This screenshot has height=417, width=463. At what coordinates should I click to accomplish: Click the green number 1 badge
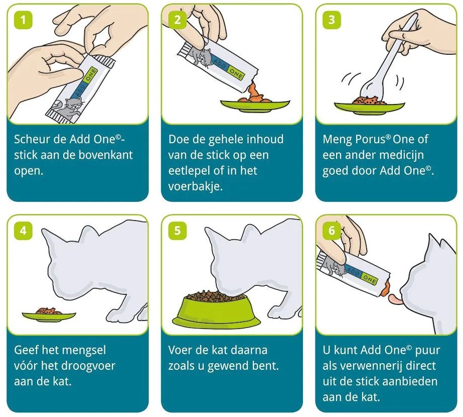[x=23, y=20]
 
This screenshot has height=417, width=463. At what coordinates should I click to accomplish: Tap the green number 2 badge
[x=178, y=20]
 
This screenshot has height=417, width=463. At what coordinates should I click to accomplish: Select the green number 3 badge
[x=332, y=20]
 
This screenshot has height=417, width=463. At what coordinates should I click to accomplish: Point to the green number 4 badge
[x=23, y=231]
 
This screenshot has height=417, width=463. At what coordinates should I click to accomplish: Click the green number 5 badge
[x=178, y=231]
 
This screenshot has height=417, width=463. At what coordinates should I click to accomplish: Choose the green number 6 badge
[x=332, y=231]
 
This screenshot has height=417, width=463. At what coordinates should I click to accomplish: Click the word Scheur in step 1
[x=32, y=139]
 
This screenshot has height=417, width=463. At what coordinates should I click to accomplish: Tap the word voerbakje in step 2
[x=196, y=186]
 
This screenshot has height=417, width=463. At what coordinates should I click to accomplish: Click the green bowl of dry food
[x=217, y=310]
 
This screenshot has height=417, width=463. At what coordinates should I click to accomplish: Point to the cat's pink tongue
[x=396, y=299]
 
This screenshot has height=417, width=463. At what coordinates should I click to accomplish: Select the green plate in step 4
[x=49, y=317]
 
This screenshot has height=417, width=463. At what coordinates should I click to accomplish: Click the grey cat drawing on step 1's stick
[x=69, y=108]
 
